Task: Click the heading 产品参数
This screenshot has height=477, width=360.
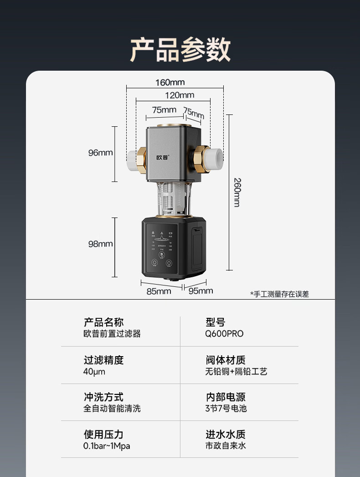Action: click(x=180, y=50)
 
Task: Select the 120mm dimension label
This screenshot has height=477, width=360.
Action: click(x=179, y=95)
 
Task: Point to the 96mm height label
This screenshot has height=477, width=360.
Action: click(x=100, y=153)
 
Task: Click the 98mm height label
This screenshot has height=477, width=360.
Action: click(x=100, y=244)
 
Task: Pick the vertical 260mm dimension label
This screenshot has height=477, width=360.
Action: click(x=236, y=192)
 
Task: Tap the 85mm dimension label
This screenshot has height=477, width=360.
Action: click(x=159, y=291)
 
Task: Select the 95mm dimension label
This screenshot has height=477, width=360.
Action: click(x=201, y=291)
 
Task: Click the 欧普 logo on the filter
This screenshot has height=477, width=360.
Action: click(x=162, y=158)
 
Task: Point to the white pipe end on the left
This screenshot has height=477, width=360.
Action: click(x=133, y=160)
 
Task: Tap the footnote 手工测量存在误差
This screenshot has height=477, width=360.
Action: click(x=279, y=294)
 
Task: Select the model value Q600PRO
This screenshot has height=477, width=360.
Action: click(x=224, y=334)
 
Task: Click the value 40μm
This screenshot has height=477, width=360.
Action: click(x=94, y=371)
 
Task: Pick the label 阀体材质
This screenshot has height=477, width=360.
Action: click(x=226, y=360)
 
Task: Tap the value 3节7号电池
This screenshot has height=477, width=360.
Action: click(x=226, y=409)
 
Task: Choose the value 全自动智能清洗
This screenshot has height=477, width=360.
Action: click(x=112, y=409)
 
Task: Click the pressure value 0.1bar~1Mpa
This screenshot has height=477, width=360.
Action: click(x=107, y=446)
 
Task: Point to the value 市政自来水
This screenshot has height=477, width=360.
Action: click(x=226, y=446)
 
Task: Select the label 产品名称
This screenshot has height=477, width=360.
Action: click(x=103, y=322)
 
